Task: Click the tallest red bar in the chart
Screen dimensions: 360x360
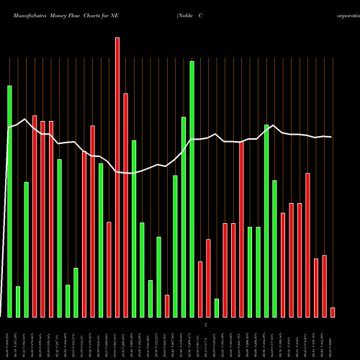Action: point(117,177)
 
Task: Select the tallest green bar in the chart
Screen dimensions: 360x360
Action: point(192,189)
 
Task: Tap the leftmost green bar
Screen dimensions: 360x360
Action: point(9,202)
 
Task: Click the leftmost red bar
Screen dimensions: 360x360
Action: point(35,216)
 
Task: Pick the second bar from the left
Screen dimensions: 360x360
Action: point(18,302)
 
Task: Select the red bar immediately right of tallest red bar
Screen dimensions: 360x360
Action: point(125,205)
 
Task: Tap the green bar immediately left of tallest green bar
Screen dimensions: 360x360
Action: point(184,217)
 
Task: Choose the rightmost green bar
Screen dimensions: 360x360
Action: point(275,248)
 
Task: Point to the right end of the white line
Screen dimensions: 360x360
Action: point(331,137)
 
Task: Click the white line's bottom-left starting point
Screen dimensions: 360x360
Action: point(1,317)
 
